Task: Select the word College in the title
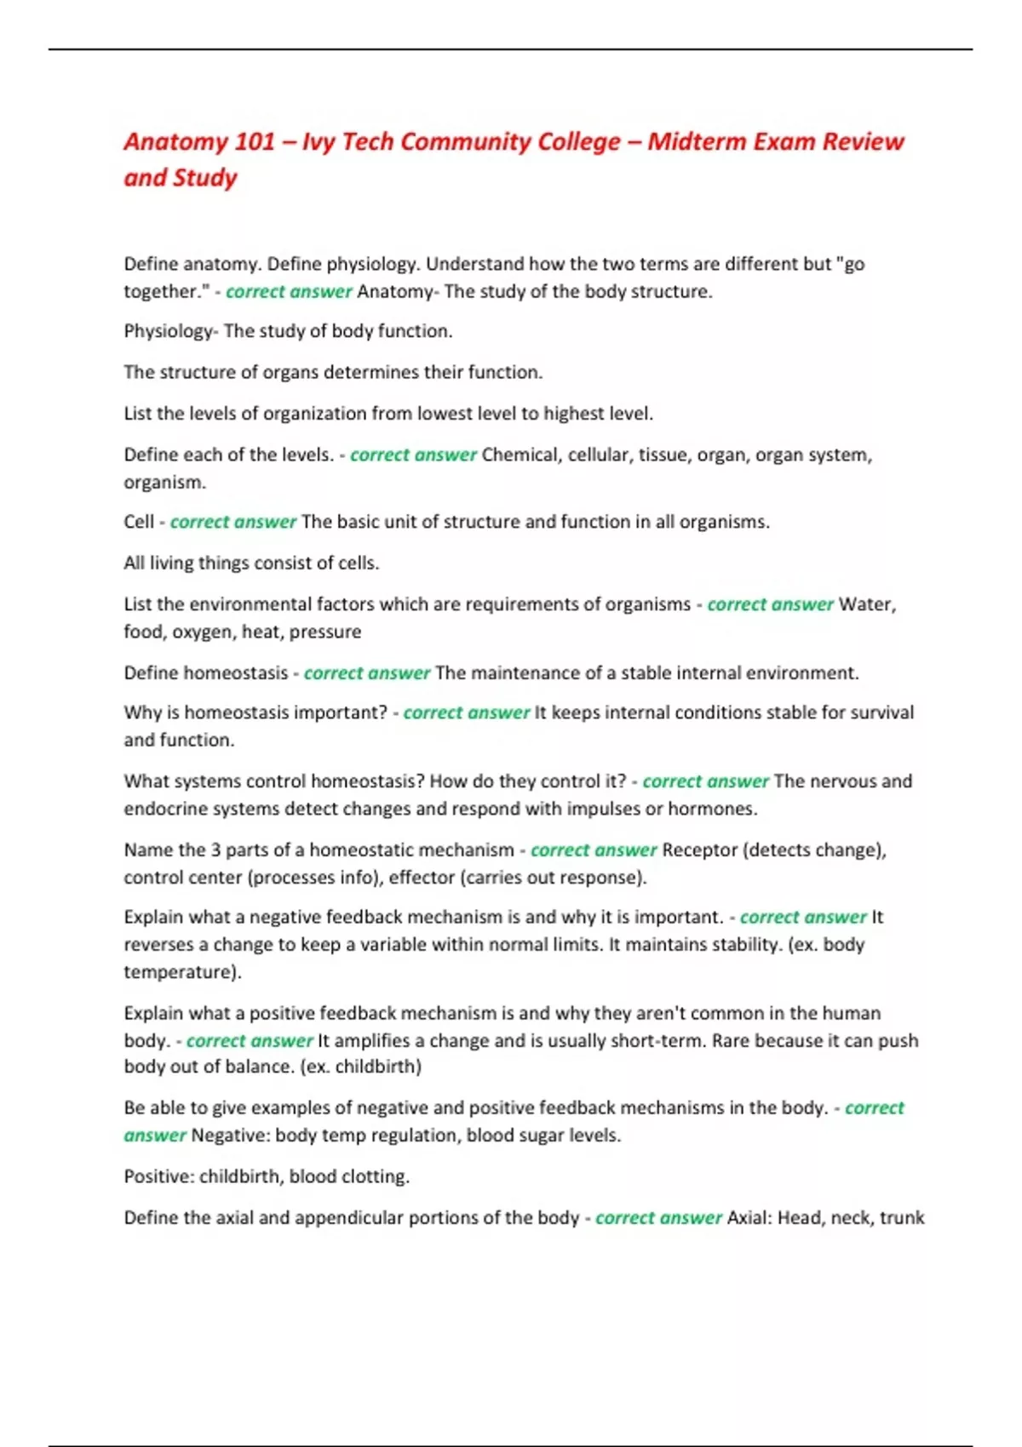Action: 578,141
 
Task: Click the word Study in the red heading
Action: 205,178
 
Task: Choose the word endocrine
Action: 163,809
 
